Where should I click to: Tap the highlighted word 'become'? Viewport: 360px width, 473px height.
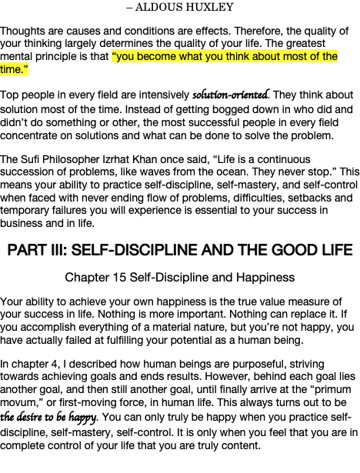click(157, 56)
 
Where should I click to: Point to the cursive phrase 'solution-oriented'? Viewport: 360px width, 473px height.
click(230, 95)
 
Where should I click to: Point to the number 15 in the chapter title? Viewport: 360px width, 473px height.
click(119, 278)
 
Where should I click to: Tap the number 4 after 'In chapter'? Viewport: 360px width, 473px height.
click(54, 364)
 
